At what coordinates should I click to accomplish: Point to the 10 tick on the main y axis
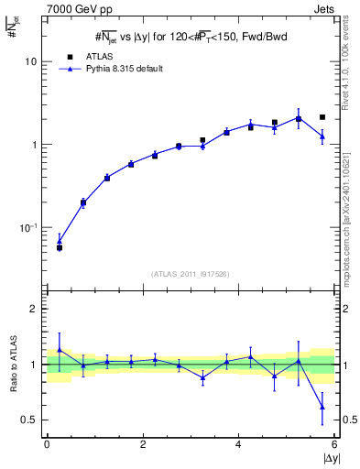click(33, 61)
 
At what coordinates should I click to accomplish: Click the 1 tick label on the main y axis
click(36, 145)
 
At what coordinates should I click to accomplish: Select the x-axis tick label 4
click(239, 444)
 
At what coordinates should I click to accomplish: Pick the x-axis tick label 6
click(334, 444)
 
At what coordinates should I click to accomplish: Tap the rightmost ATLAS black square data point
click(322, 117)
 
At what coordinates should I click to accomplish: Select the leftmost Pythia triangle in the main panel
click(60, 241)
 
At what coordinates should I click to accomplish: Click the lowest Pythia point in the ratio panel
click(322, 407)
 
